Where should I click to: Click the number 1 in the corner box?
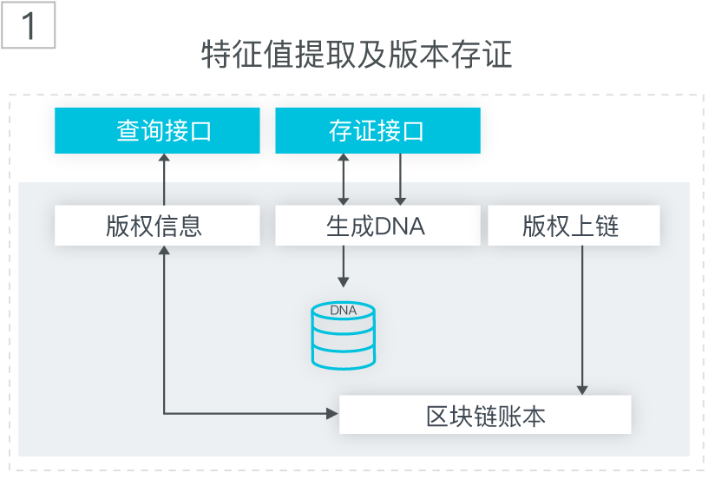coord(29,25)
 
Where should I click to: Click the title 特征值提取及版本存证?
coord(357,55)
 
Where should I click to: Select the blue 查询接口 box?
coord(157,130)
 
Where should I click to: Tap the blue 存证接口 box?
coord(377,130)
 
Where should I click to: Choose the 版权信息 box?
coord(157,226)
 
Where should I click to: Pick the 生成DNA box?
coord(377,226)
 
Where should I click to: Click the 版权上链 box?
coord(574,226)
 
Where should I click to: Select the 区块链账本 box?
coord(485,415)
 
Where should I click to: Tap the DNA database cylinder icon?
coord(344,335)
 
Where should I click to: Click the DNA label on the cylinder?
coord(344,311)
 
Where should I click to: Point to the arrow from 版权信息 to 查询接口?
coord(164,179)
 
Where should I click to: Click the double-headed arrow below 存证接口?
coord(344,179)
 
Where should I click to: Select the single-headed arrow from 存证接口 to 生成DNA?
coord(400,179)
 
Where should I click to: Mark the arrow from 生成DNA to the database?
coord(344,266)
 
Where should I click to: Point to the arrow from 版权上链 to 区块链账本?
coord(582,320)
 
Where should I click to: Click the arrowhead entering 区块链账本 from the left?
coord(333,413)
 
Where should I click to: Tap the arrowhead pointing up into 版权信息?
coord(164,250)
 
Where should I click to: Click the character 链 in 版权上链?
coord(607,226)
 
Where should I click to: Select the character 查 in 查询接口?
coord(128,131)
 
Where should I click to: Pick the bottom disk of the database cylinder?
coord(344,358)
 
